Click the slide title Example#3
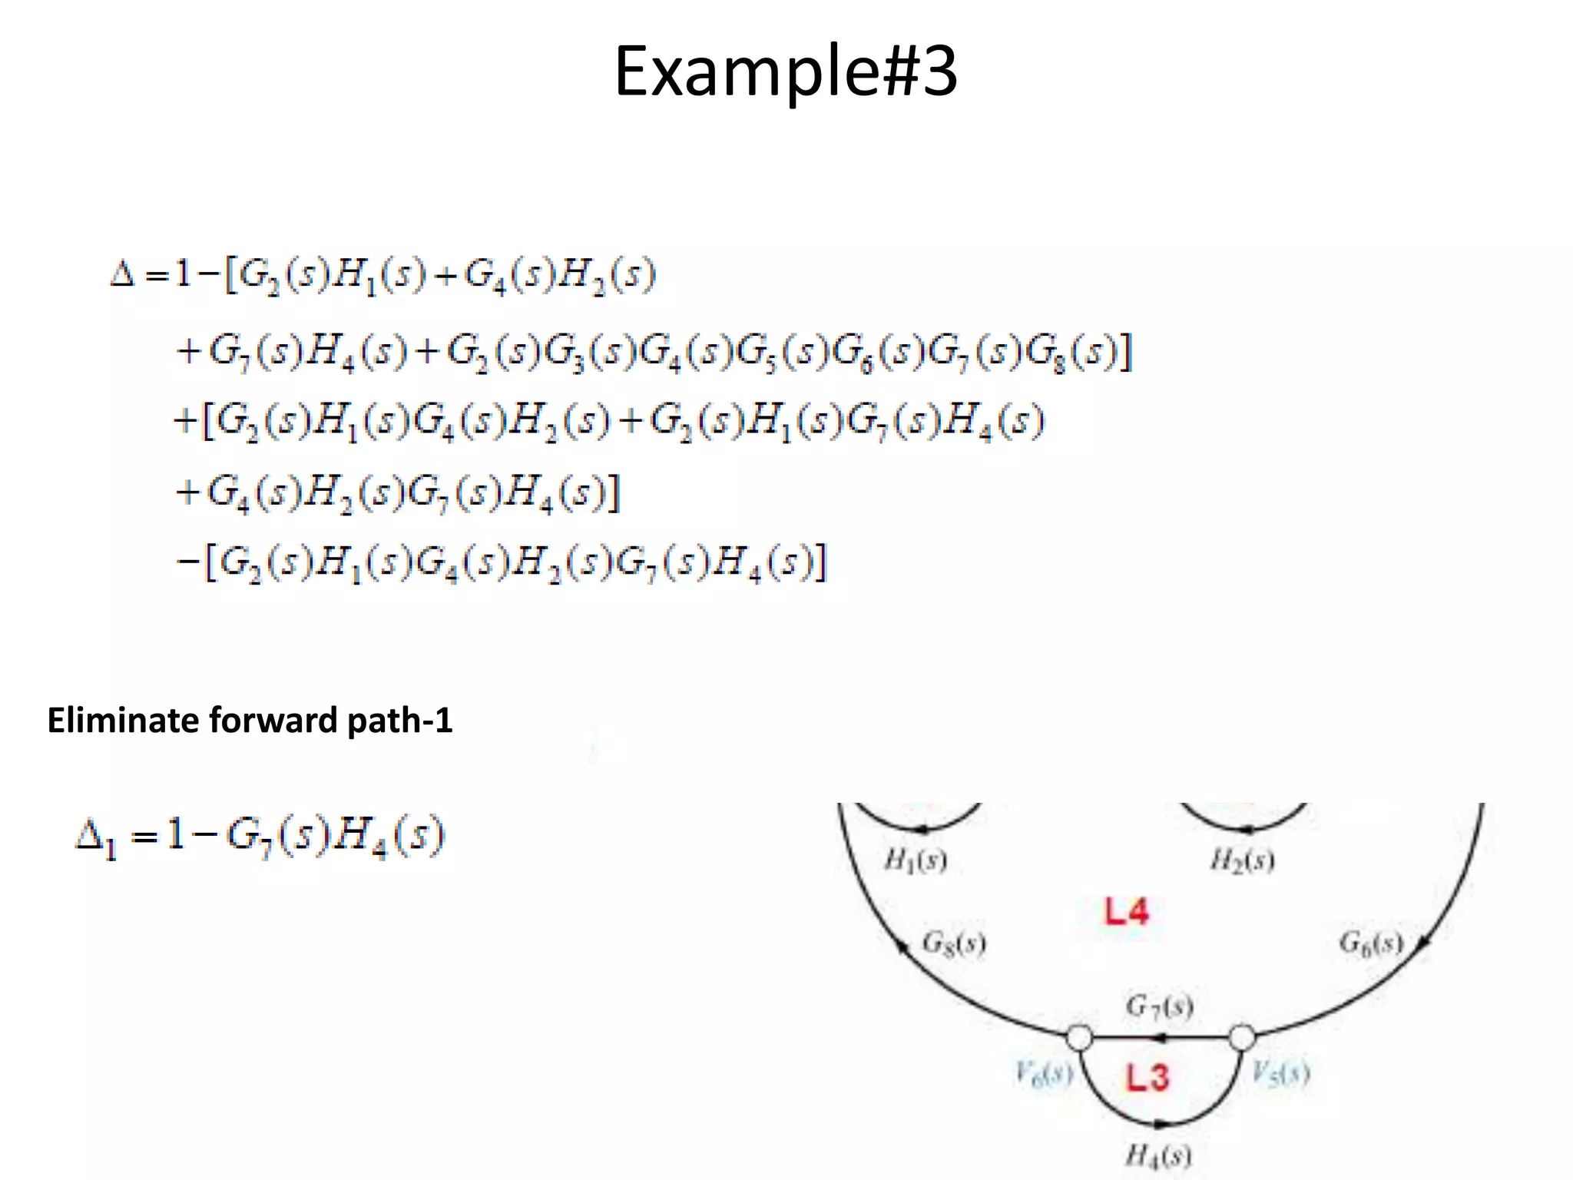click(x=786, y=71)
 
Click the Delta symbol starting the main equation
click(x=123, y=273)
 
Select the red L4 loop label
click(x=1126, y=912)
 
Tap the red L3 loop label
click(x=1147, y=1077)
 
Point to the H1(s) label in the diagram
click(x=916, y=860)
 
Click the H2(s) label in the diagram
click(x=1242, y=860)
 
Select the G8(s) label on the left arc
click(x=953, y=943)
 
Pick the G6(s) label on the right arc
click(x=1370, y=942)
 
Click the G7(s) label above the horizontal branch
click(x=1159, y=1006)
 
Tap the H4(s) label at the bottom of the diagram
click(x=1158, y=1155)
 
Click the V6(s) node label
click(x=1043, y=1072)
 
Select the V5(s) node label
click(x=1280, y=1072)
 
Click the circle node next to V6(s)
click(x=1079, y=1038)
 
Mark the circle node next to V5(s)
click(x=1242, y=1038)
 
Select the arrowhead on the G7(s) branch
click(x=1161, y=1039)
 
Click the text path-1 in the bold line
click(x=399, y=721)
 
